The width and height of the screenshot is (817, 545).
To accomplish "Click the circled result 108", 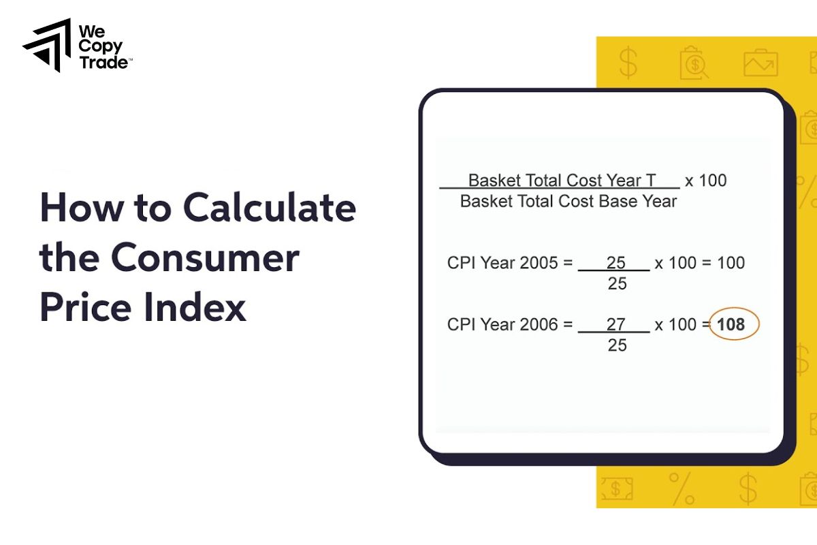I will (x=731, y=325).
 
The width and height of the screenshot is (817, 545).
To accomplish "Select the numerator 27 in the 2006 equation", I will (x=615, y=325).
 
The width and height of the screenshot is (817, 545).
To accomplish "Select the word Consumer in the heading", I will (x=205, y=258).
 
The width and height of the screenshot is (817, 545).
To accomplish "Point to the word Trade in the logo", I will (x=102, y=63).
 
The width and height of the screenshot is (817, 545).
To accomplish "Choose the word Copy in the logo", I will (x=101, y=46).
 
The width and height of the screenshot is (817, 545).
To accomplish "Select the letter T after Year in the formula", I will (x=651, y=181).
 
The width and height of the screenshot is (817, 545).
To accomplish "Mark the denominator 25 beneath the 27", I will (x=617, y=345).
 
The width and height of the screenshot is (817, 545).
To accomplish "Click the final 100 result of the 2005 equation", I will (x=731, y=263).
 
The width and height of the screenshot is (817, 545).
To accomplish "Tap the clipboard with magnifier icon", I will (x=694, y=63).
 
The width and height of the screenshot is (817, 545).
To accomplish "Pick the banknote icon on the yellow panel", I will (x=617, y=488).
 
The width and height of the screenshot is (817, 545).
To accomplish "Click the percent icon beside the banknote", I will (x=681, y=488).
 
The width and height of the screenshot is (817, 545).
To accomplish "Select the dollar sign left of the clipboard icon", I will (x=628, y=63).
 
